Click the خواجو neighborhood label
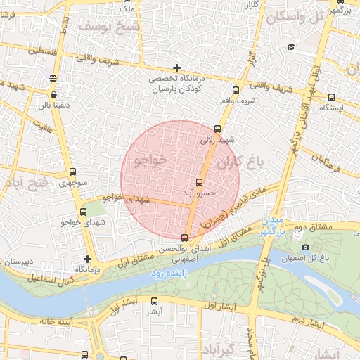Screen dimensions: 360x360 click(151, 160)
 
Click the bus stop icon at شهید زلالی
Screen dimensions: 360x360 click(217, 129)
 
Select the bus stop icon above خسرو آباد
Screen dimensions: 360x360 click(199, 183)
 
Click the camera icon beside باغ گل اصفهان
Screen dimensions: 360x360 click(305, 247)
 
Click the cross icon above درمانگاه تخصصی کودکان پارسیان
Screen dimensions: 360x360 click(177, 68)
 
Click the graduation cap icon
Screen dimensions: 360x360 click(290, 46)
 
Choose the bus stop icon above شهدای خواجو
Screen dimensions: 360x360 click(84, 212)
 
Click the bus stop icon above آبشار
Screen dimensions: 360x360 click(155, 302)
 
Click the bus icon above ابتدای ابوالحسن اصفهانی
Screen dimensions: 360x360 click(185, 238)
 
